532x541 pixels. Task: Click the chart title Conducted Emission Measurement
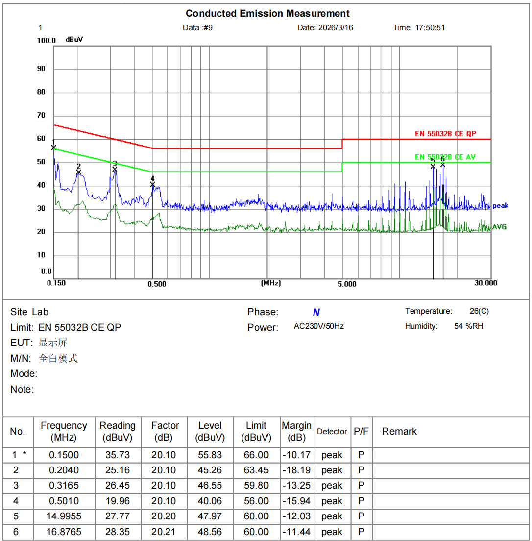click(267, 13)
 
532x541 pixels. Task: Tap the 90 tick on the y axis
click(41, 69)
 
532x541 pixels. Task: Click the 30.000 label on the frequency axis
click(485, 283)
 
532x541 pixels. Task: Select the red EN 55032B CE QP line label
click(445, 134)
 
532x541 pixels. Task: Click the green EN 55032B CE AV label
click(445, 157)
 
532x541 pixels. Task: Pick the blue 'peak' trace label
click(500, 206)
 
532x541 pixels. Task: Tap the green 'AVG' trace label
click(499, 227)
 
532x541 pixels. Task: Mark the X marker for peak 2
click(78, 172)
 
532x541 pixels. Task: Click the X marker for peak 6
click(443, 165)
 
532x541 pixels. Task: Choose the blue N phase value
click(316, 313)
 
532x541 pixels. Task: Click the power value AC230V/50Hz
click(318, 326)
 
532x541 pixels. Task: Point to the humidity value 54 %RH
click(468, 326)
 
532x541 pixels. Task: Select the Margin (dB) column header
click(297, 431)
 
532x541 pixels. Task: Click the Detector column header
click(332, 432)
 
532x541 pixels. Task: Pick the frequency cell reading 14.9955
click(64, 516)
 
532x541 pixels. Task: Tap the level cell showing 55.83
click(210, 455)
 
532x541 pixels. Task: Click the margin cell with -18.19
click(297, 470)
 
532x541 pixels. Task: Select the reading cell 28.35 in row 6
click(117, 532)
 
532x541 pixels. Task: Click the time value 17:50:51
click(430, 28)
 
